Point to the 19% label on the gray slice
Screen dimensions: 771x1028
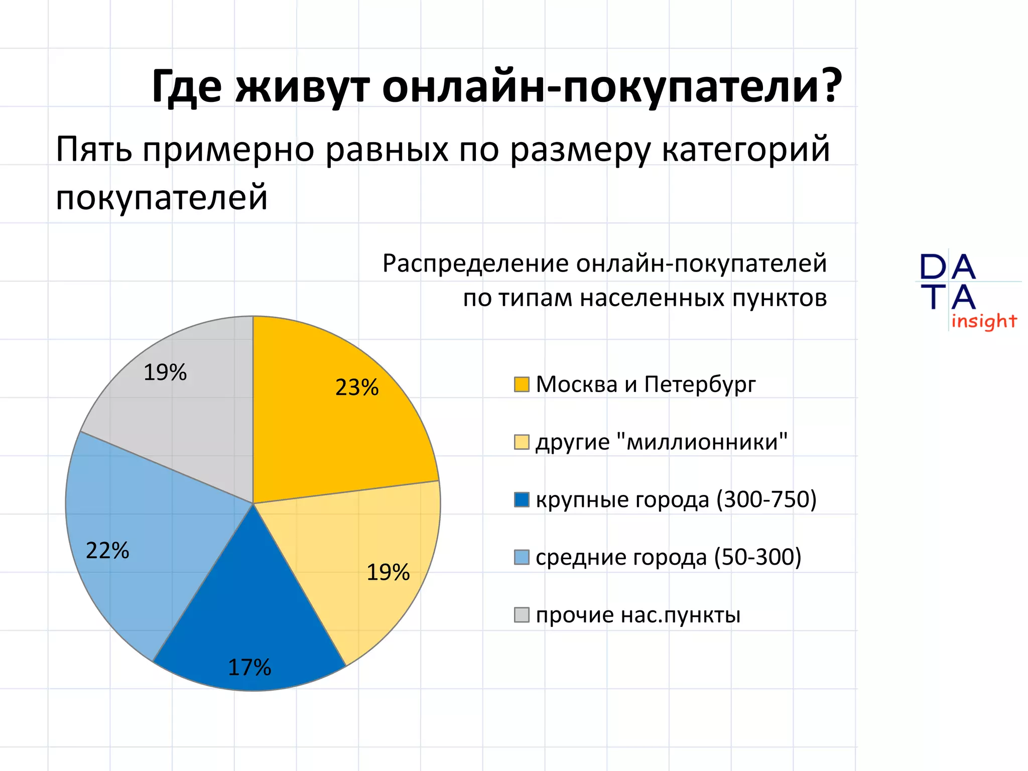[x=165, y=372]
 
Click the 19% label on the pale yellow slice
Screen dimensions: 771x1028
[x=388, y=572]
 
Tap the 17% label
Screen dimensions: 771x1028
[x=249, y=668]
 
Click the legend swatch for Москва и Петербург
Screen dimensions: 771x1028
[x=522, y=384]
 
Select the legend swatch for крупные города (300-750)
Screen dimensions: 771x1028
[x=522, y=500]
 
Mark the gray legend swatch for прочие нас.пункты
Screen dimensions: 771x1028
[x=522, y=615]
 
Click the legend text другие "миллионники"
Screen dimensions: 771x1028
[x=661, y=442]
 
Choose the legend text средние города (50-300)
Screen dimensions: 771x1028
[x=668, y=557]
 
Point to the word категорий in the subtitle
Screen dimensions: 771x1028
[x=745, y=151]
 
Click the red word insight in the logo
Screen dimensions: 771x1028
[x=984, y=321]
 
